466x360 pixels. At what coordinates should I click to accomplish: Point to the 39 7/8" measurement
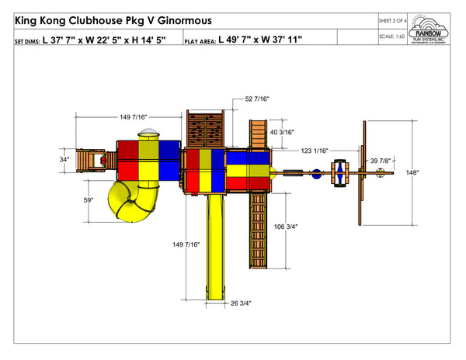[382, 161]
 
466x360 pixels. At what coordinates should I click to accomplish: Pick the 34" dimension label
[64, 161]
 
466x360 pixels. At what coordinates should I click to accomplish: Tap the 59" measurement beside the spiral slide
[89, 200]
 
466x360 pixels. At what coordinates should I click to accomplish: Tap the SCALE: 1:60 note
[392, 36]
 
